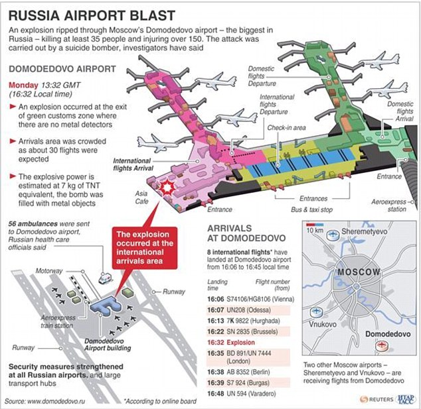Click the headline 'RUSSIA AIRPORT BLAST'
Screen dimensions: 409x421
[x=90, y=15]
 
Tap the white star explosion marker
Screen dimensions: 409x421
[x=167, y=189]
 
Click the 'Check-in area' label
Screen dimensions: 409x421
[x=286, y=127]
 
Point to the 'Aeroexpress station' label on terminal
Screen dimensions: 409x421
[x=387, y=205]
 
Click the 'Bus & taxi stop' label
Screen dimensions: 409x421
[x=312, y=209]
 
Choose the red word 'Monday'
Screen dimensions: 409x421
[x=24, y=86]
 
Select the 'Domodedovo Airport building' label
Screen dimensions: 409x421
[x=108, y=344]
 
